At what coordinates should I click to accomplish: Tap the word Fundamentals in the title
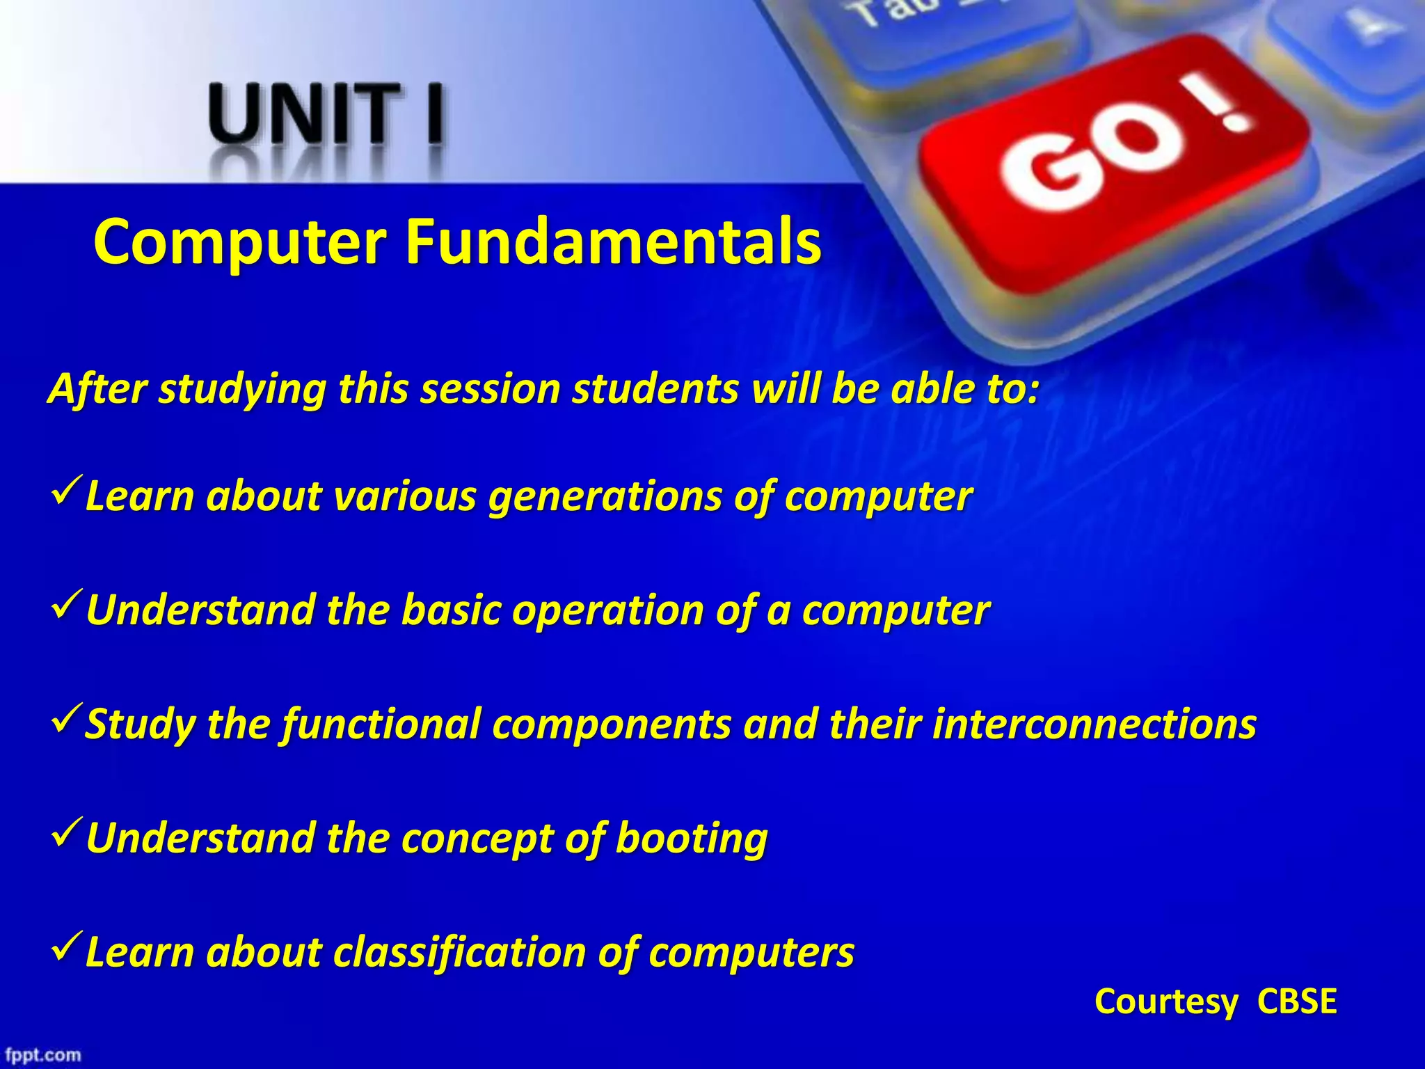point(613,241)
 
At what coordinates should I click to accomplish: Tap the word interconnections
point(1094,724)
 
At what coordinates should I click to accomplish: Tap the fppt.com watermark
point(44,1054)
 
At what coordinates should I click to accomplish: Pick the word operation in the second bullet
point(609,611)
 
